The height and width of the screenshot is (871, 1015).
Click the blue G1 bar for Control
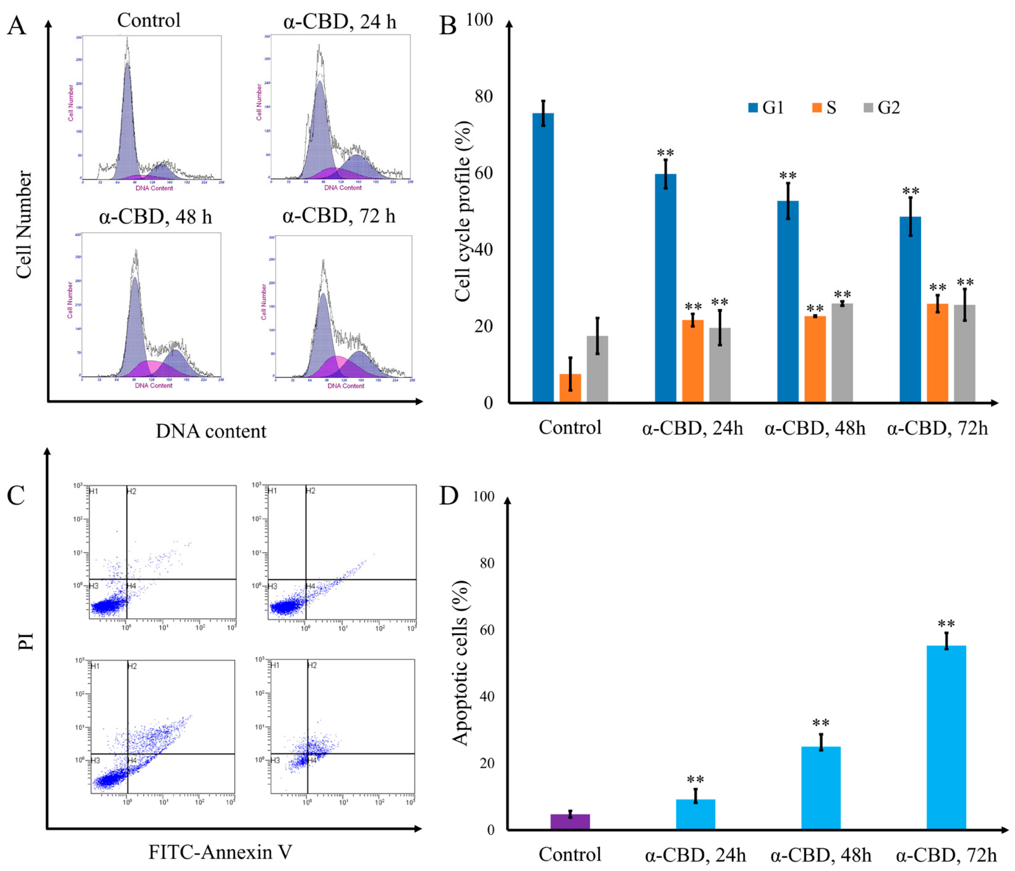pyautogui.click(x=543, y=257)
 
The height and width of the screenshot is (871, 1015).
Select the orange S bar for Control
pyautogui.click(x=570, y=388)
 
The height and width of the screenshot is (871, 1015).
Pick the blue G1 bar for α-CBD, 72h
pyautogui.click(x=910, y=309)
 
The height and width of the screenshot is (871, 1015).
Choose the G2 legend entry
pyautogui.click(x=882, y=107)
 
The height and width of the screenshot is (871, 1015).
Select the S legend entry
pyautogui.click(x=824, y=107)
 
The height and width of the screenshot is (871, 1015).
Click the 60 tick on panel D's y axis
pyautogui.click(x=486, y=630)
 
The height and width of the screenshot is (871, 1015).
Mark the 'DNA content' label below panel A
pyautogui.click(x=211, y=431)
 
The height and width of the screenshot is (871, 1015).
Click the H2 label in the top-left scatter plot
pyautogui.click(x=131, y=491)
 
